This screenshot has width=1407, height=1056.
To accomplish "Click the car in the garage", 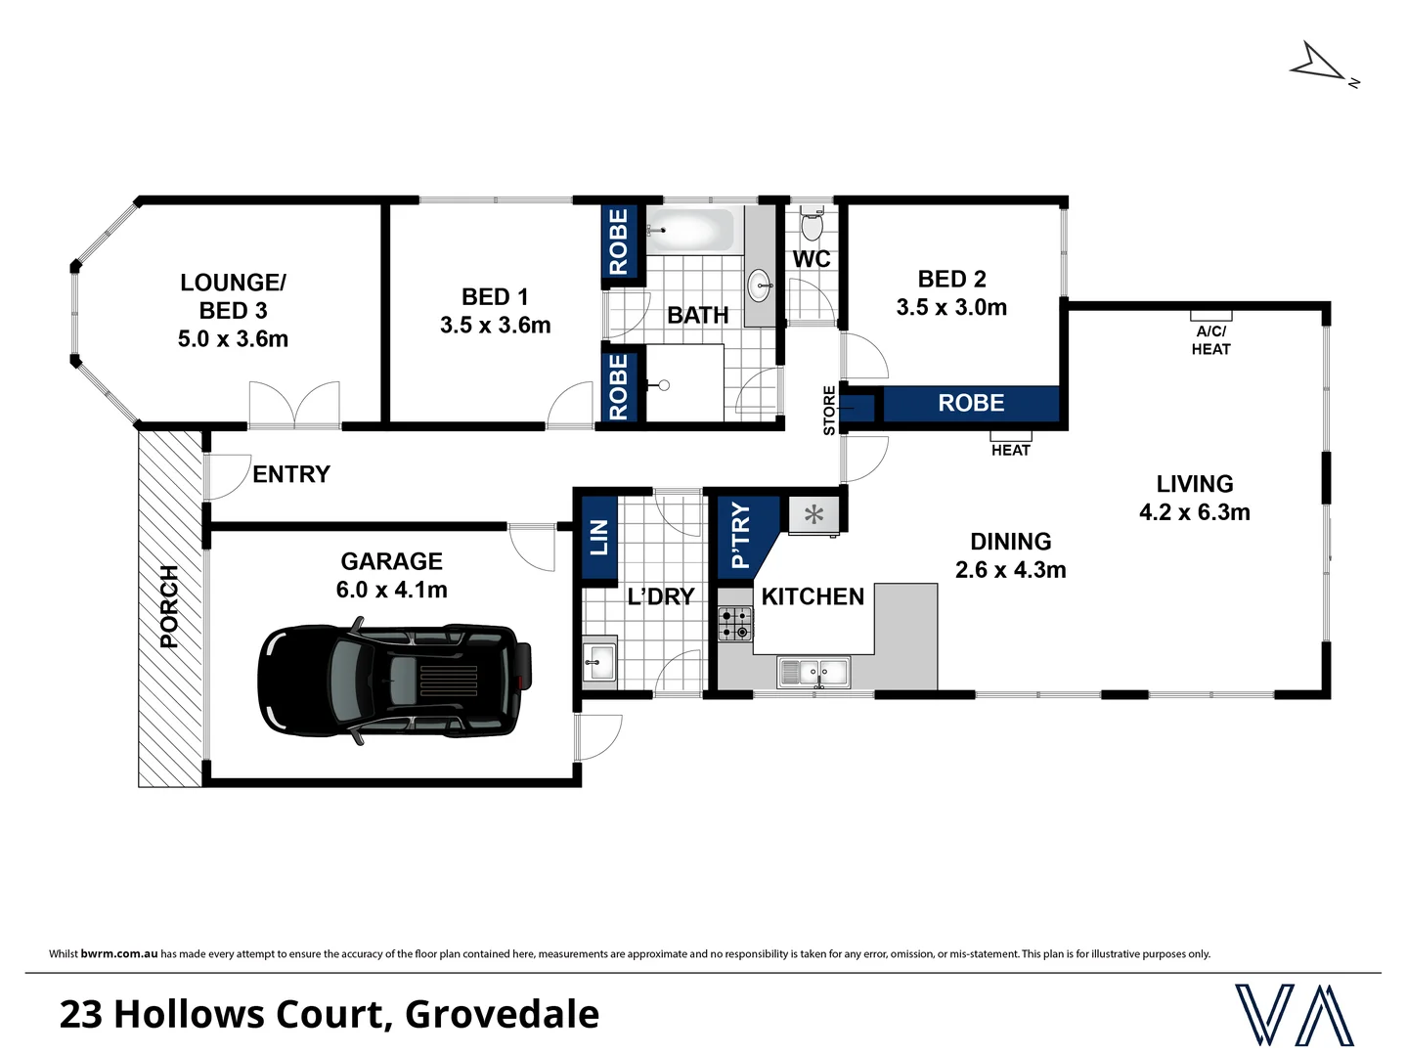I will click(x=395, y=680).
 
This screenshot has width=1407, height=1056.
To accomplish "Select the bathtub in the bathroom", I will click(x=691, y=231).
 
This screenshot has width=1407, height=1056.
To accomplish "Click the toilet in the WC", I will click(x=812, y=225).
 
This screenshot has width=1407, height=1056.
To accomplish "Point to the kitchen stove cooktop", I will click(x=735, y=623).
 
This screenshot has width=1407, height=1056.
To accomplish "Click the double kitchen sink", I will click(x=814, y=672).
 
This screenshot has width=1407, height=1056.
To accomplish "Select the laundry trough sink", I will click(x=598, y=662).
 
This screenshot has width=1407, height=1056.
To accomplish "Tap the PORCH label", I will click(x=169, y=606).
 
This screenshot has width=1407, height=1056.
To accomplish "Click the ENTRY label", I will click(x=291, y=474).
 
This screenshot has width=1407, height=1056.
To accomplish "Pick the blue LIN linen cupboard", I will click(x=598, y=539).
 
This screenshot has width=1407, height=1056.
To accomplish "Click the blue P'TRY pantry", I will click(x=741, y=535).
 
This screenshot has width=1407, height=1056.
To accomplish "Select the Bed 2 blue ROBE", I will click(x=971, y=403).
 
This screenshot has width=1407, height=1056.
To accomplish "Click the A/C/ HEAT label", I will click(x=1210, y=340).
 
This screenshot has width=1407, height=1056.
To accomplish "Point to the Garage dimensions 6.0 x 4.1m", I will click(x=391, y=590).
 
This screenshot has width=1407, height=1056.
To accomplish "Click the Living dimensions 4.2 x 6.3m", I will click(x=1194, y=511).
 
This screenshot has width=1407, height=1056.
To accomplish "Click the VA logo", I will click(x=1294, y=1014).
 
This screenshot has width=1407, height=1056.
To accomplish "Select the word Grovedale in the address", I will click(x=502, y=1014).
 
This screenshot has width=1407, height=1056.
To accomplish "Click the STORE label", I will click(x=829, y=411).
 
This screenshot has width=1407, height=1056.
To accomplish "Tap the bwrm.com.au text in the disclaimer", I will click(x=119, y=953).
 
